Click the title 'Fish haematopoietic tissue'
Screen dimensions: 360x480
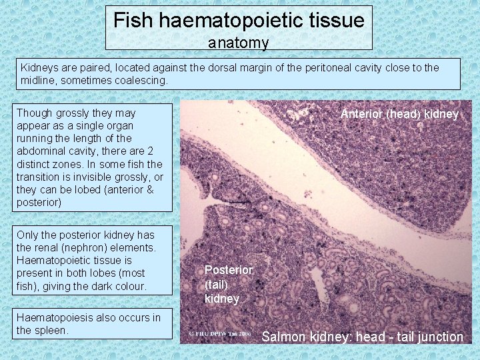tap(239, 20)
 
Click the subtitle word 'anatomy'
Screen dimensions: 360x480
tap(238, 43)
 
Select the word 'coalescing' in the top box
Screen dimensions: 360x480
tap(141, 80)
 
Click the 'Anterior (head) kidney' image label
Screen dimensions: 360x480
tap(399, 114)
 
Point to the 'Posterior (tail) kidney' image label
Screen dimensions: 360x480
tap(228, 284)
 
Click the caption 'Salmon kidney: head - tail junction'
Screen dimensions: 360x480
tap(362, 337)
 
